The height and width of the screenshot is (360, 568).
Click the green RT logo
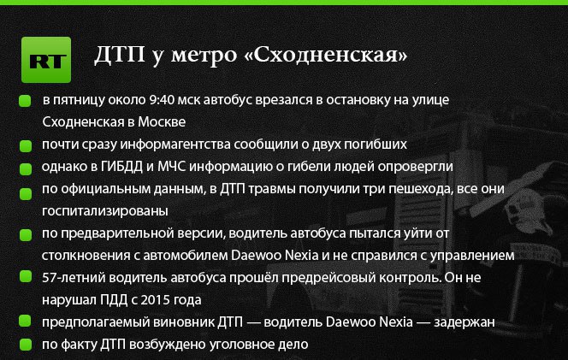(x=46, y=60)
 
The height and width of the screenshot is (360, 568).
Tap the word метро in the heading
(x=204, y=55)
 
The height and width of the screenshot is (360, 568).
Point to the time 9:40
(x=162, y=99)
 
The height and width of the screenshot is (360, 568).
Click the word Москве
(x=162, y=121)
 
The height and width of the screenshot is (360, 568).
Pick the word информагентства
(x=175, y=145)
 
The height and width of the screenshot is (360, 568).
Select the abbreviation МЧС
(x=172, y=167)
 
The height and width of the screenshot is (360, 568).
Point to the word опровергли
(x=416, y=167)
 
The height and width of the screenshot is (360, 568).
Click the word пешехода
(x=414, y=189)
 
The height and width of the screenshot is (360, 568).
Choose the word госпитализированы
(x=105, y=211)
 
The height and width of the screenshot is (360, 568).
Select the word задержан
(x=464, y=322)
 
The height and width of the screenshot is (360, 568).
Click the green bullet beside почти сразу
(x=26, y=146)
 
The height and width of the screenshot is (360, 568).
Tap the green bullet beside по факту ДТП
(x=26, y=345)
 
